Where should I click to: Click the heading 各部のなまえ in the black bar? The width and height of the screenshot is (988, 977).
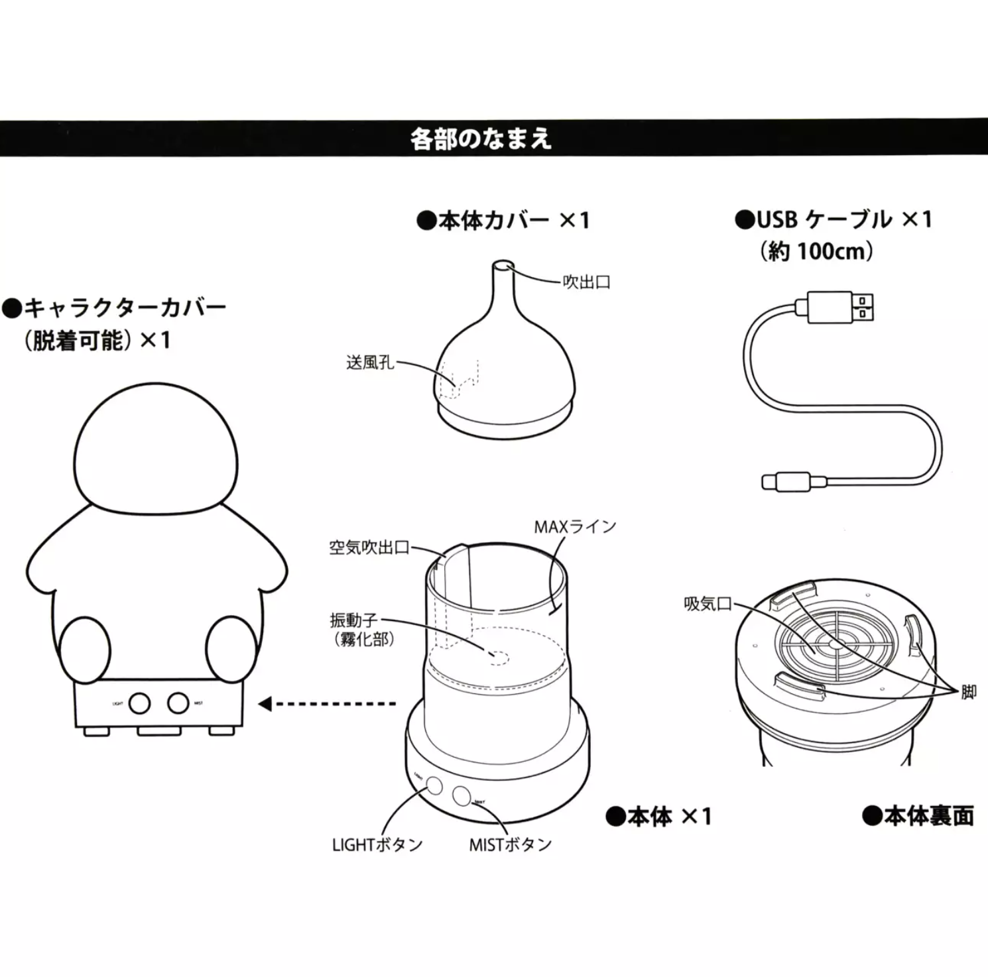tap(481, 139)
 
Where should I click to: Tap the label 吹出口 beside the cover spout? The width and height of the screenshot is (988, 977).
tap(586, 282)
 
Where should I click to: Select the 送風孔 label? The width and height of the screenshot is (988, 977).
tap(370, 363)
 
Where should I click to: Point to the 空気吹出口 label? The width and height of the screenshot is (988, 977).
tap(369, 547)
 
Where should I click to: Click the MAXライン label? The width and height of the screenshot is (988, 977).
tap(575, 527)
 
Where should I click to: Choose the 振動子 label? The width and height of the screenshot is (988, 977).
tap(353, 620)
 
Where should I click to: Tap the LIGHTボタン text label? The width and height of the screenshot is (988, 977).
tap(377, 845)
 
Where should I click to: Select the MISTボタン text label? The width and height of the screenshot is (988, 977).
tap(510, 845)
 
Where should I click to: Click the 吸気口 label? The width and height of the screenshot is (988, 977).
tap(708, 604)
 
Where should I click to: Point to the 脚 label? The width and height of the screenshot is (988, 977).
tap(968, 693)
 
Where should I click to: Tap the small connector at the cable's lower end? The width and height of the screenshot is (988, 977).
tap(786, 482)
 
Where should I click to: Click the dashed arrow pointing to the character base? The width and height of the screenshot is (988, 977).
tap(328, 704)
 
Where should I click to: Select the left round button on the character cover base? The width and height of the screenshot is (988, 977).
tap(139, 703)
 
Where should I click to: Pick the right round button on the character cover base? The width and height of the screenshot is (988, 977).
tap(178, 703)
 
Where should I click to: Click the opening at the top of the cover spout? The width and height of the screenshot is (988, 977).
tap(503, 266)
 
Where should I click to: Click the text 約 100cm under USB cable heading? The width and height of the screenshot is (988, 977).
tap(817, 252)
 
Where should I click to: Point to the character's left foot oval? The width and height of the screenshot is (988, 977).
tap(84, 649)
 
